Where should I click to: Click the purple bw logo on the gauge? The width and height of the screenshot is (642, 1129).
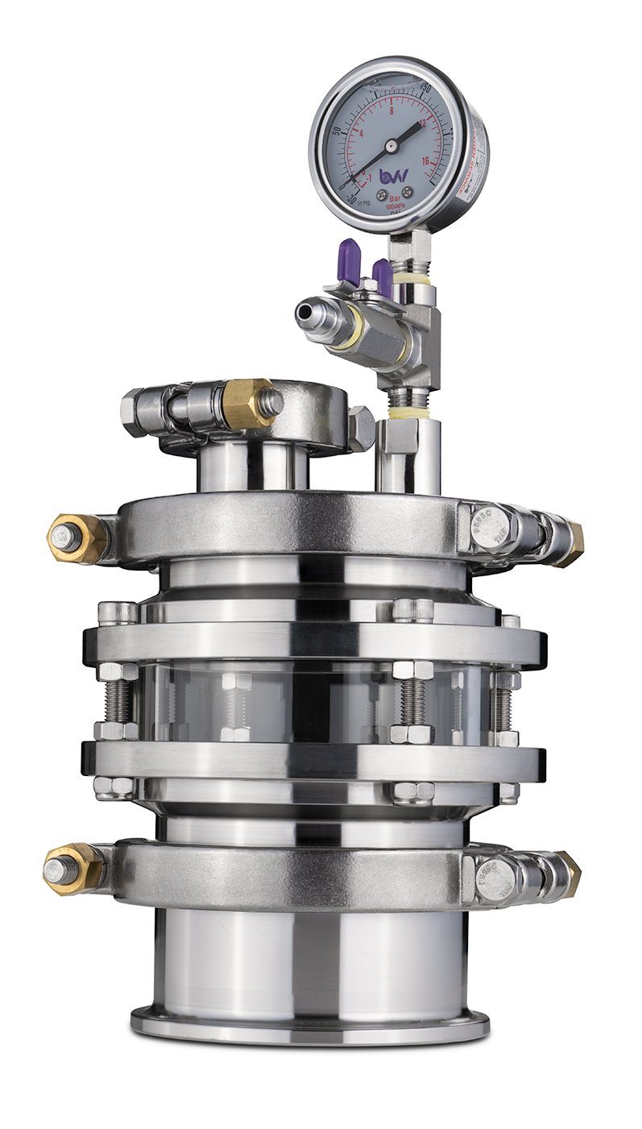(394, 175)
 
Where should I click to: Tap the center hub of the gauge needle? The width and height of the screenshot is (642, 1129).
(391, 146)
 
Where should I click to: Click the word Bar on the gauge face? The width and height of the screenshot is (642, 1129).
(394, 197)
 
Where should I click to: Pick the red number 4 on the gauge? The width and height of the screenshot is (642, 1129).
(362, 134)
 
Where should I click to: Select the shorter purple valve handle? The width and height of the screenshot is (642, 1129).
(383, 276)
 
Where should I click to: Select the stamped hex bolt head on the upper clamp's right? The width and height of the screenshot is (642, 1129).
(490, 528)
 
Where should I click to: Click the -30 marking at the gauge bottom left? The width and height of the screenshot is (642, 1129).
(352, 198)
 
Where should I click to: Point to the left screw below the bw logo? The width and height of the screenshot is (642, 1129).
(380, 194)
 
